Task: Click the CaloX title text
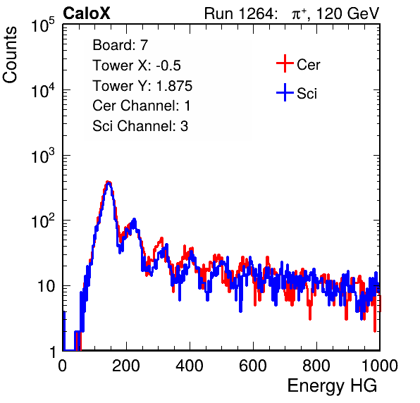pos(87,13)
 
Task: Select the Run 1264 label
pos(240,13)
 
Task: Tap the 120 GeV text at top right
pos(347,13)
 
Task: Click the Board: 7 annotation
pos(120,44)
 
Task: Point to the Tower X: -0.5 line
pos(137,66)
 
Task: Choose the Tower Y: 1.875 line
pos(142,86)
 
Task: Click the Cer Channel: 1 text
pos(142,106)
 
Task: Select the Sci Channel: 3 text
pos(140,126)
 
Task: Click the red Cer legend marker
pos(285,63)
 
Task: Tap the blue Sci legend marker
pos(285,92)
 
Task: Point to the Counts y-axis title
pos(10,55)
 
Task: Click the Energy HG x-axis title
pos(333,386)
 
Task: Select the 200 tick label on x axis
pos(126,366)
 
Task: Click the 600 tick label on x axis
pos(253,366)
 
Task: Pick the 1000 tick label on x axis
pos(380,366)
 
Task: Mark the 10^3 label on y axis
pos(43,156)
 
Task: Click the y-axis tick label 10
pos(46,286)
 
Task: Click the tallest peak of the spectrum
pos(108,182)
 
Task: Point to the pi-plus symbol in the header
pos(299,14)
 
